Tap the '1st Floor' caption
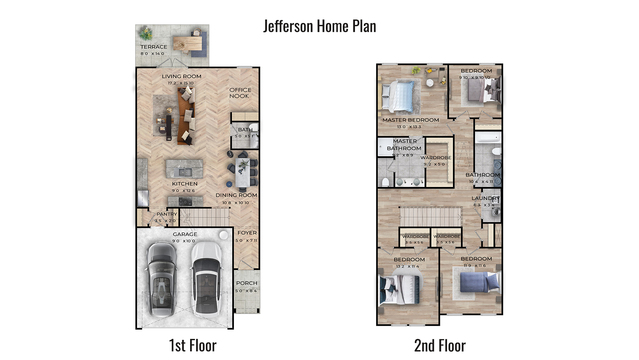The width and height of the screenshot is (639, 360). [x=191, y=345]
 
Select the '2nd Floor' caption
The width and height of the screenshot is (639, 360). [x=440, y=345]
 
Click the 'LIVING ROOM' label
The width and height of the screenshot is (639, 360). [x=183, y=75]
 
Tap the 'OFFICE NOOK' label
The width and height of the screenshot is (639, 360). [x=240, y=93]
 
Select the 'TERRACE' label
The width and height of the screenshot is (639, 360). [x=153, y=47]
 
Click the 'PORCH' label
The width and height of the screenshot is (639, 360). [x=246, y=283]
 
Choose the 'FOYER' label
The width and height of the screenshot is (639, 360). [x=246, y=234]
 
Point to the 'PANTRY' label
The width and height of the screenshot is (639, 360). [x=166, y=214]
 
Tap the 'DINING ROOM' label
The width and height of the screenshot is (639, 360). [x=239, y=195]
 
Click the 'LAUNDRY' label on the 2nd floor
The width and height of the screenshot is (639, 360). [x=485, y=198]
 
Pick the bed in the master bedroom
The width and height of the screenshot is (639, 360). [x=401, y=96]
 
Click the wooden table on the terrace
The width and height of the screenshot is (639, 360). [x=186, y=43]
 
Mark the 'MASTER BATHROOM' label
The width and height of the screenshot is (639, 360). [x=405, y=145]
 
